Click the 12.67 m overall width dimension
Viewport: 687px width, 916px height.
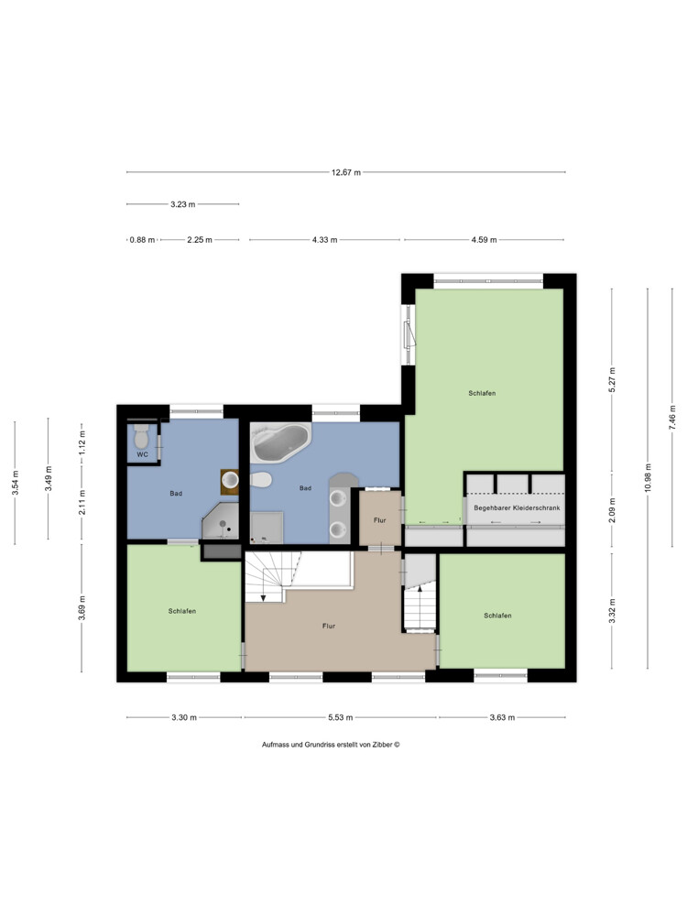click(x=346, y=172)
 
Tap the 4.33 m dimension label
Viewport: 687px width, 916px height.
click(x=325, y=239)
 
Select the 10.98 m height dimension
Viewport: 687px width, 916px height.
click(x=648, y=478)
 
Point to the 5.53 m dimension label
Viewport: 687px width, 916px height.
click(x=340, y=717)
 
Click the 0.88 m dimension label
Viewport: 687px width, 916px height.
click(x=143, y=239)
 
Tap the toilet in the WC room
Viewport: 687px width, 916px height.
click(x=141, y=436)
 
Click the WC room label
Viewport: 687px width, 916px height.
click(x=143, y=454)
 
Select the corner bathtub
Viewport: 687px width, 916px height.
click(x=280, y=442)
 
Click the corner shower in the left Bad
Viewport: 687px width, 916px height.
click(x=220, y=521)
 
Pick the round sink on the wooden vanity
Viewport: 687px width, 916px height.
click(x=231, y=480)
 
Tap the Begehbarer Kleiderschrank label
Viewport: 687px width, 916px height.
click(x=517, y=507)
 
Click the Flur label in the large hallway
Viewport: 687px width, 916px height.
click(x=329, y=626)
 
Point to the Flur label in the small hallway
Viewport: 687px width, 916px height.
click(x=380, y=520)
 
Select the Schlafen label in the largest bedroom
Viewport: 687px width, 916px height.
click(x=482, y=393)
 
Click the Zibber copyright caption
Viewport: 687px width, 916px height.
click(x=331, y=745)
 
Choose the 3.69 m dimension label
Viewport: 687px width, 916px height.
click(x=82, y=607)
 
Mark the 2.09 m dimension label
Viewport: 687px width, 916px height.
click(x=612, y=510)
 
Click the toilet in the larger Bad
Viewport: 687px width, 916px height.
click(x=261, y=480)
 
